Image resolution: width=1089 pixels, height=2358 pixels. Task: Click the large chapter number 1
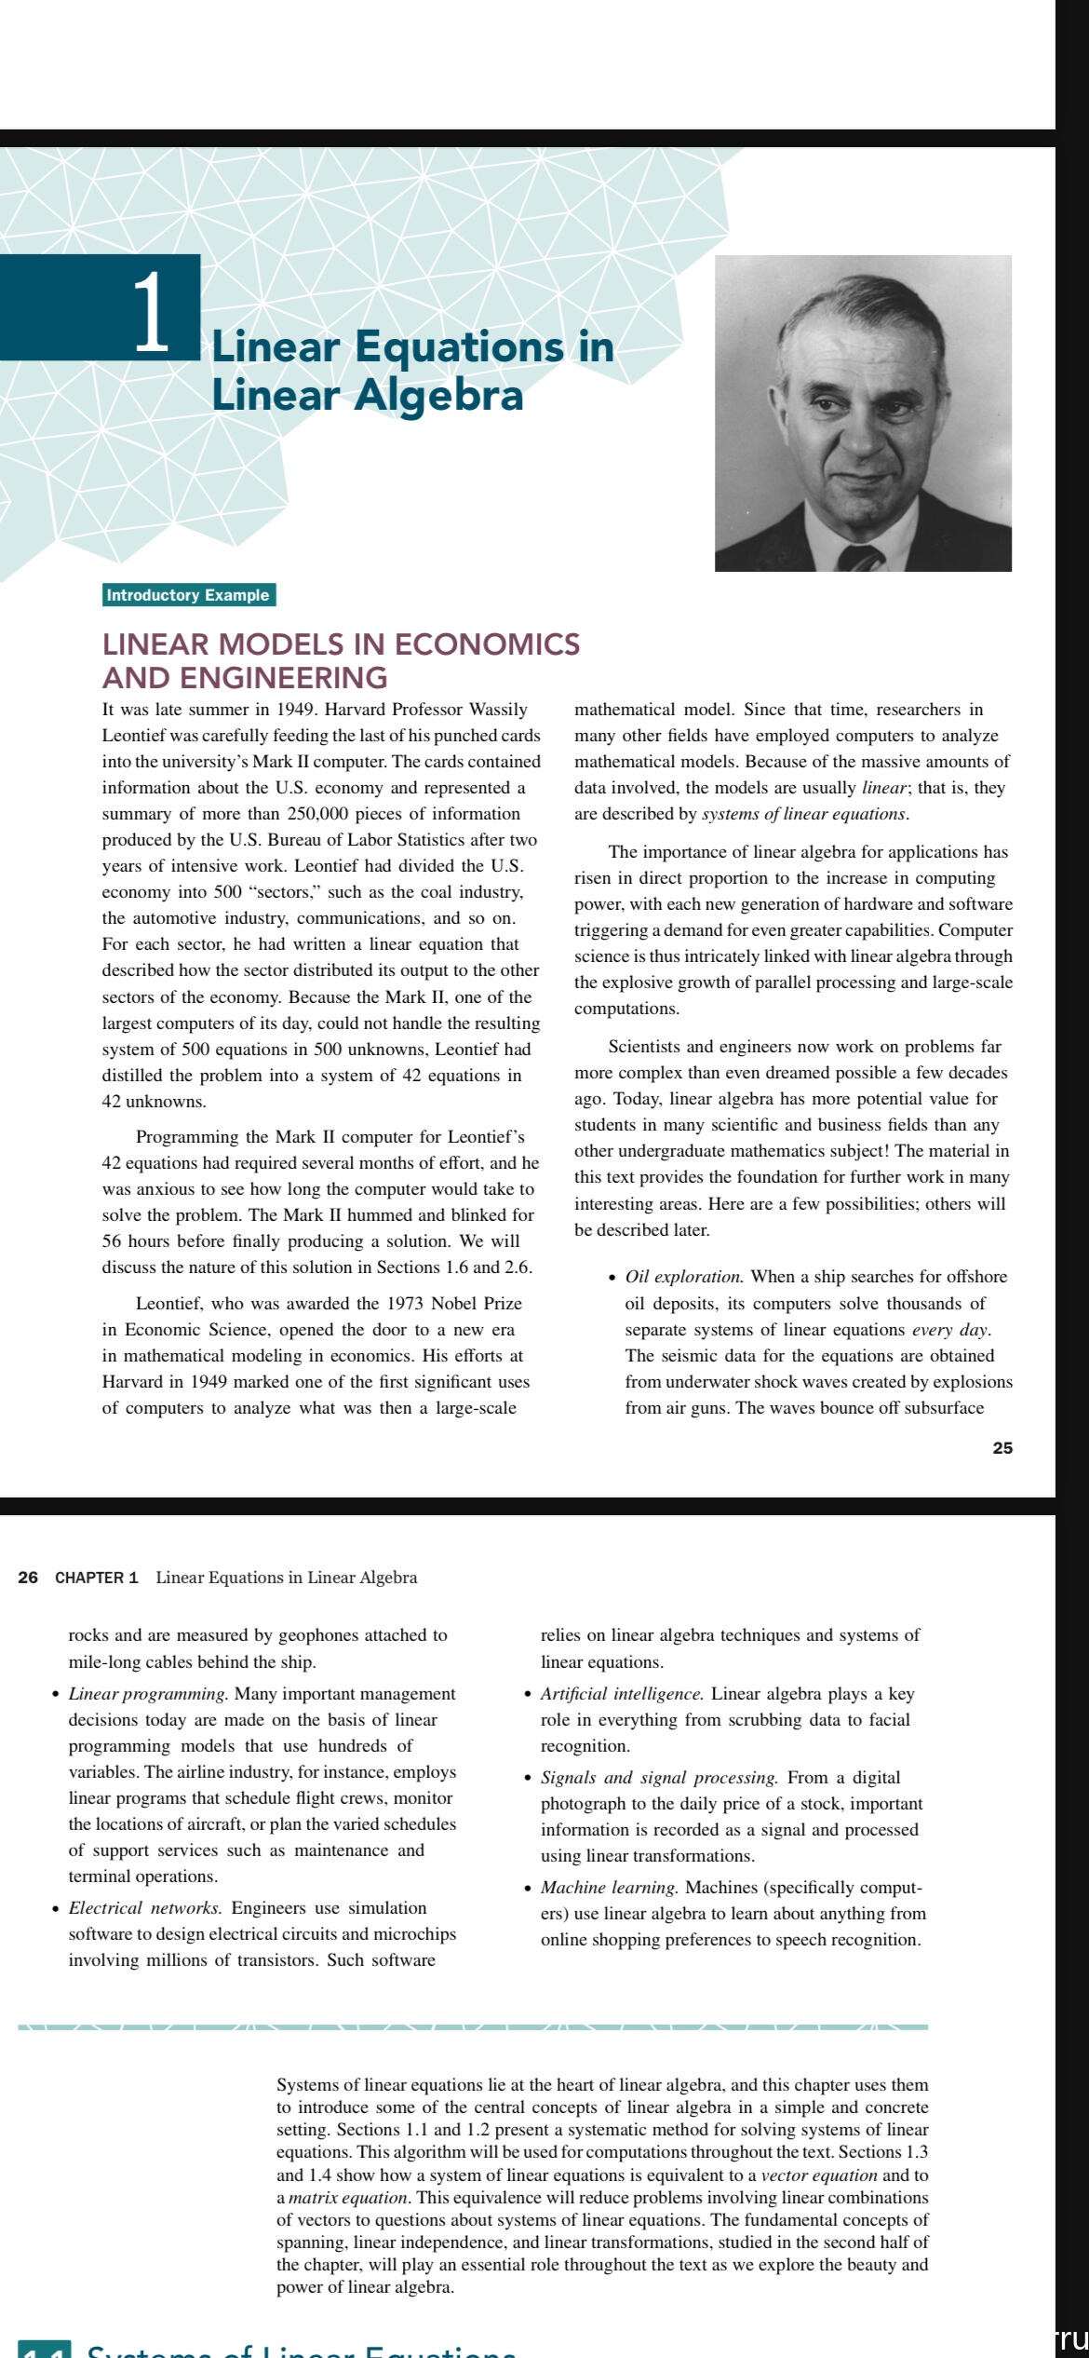pos(151,311)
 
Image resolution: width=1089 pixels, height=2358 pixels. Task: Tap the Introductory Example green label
pos(188,595)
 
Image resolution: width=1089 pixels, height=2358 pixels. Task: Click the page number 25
pos(1002,1447)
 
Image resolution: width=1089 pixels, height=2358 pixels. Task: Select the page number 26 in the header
pos(28,1577)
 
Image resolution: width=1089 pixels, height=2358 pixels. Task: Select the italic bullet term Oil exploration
pos(683,1277)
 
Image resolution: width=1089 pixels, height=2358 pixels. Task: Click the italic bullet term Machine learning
pos(609,1887)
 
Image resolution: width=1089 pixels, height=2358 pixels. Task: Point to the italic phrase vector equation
pos(819,2175)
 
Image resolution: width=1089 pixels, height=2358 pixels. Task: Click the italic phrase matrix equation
pos(348,2198)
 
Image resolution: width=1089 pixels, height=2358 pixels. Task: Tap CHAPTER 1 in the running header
pos(97,1577)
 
